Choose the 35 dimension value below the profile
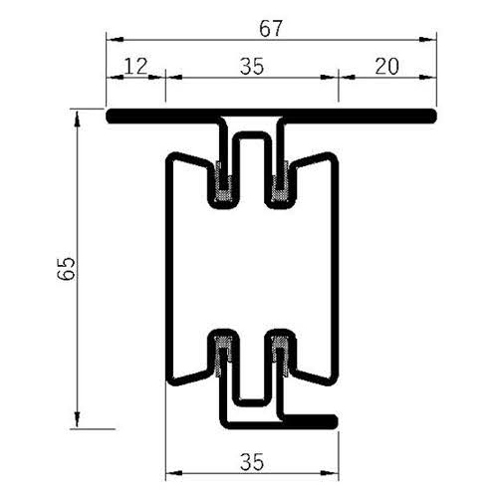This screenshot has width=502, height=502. pyautogui.click(x=251, y=460)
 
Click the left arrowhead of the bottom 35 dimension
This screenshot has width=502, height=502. pyautogui.click(x=170, y=474)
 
